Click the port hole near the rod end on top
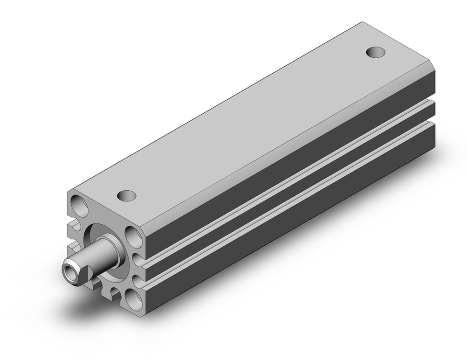pos(126,195)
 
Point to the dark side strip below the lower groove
pos(289,224)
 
